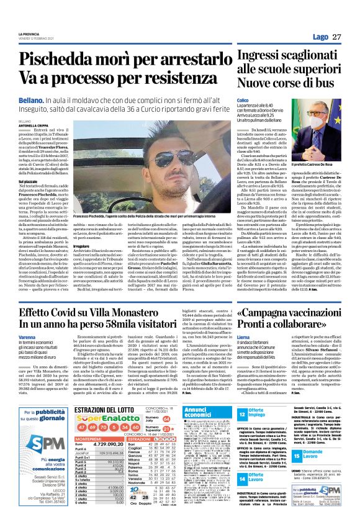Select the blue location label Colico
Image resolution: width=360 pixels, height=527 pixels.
(x=242, y=100)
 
